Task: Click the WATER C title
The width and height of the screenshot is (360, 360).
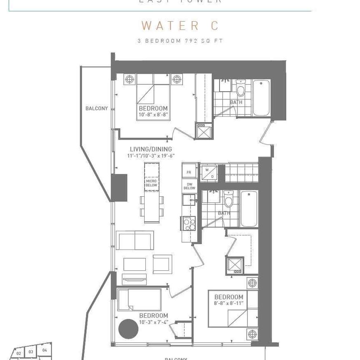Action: point(180,26)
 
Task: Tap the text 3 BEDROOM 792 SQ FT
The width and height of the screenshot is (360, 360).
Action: point(180,41)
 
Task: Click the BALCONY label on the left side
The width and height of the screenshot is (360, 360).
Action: point(97,108)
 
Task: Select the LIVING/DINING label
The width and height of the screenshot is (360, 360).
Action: point(150,149)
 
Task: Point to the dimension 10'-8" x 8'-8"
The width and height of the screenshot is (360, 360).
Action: point(153,114)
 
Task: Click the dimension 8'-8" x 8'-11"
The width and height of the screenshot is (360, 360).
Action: point(229,303)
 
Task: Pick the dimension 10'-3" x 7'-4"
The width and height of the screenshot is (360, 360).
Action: point(153,322)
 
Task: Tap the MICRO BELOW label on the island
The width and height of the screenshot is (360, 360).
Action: point(151,184)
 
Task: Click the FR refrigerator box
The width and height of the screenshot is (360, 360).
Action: point(189,172)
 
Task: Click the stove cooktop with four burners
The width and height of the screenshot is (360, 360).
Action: point(189,224)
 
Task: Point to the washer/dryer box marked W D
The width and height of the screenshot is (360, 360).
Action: point(209,172)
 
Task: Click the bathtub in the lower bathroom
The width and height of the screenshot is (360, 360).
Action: point(249,209)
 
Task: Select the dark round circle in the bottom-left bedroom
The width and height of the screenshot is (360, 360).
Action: point(128,329)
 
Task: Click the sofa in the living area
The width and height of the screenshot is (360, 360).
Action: point(135,241)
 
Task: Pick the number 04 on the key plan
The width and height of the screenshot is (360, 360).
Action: point(45,350)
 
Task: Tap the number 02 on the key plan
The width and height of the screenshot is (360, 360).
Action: point(19,353)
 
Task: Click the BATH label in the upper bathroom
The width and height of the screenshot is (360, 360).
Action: point(236,102)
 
